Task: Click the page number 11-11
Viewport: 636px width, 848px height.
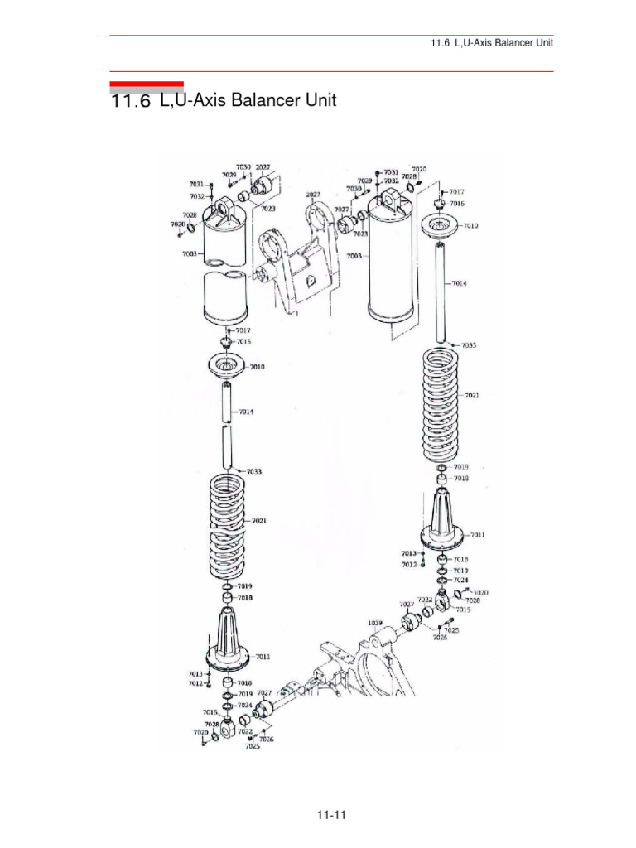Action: (x=330, y=816)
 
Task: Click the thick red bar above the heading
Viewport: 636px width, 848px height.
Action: (x=147, y=84)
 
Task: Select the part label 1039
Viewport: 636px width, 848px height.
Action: (x=374, y=622)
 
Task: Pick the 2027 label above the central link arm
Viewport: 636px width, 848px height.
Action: (x=313, y=195)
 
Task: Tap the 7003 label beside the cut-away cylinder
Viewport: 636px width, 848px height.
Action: (x=190, y=253)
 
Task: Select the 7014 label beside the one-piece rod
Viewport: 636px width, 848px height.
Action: (x=460, y=283)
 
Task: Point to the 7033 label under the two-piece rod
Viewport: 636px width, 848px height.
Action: (x=253, y=471)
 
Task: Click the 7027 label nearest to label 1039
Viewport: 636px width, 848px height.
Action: (x=407, y=605)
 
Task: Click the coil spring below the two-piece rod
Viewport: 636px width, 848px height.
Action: (x=227, y=527)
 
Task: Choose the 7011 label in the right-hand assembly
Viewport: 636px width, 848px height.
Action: (x=478, y=534)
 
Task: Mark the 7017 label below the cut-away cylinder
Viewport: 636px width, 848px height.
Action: (x=243, y=330)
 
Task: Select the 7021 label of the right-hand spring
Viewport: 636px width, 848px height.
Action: (x=471, y=395)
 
